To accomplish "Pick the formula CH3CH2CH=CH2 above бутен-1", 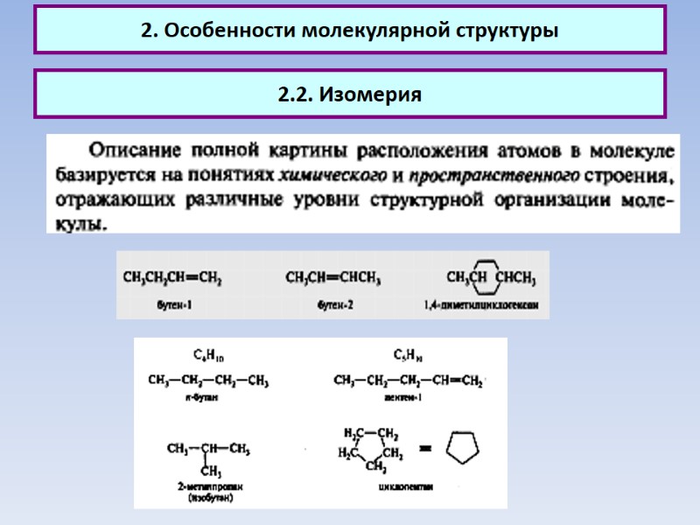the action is pos(172,279).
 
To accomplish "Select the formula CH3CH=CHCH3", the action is pos(333,279).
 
